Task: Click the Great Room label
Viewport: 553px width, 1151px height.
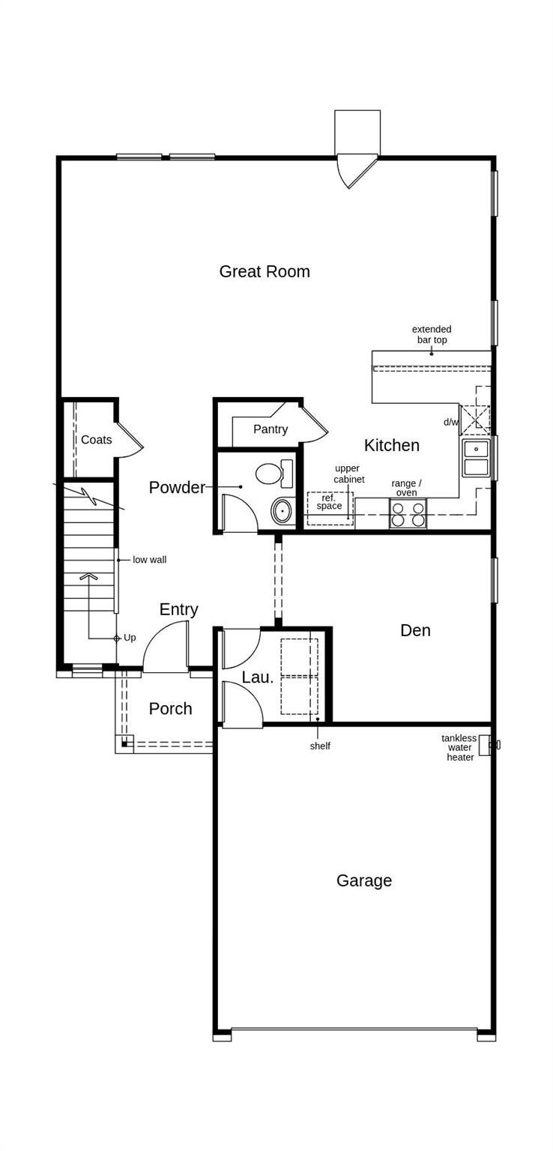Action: (265, 271)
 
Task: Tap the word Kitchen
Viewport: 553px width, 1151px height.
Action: (392, 445)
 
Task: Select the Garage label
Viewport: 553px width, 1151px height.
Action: (364, 880)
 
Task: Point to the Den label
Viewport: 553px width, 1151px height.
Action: (415, 630)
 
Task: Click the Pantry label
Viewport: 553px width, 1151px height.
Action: (271, 429)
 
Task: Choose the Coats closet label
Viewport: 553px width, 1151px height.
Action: (97, 440)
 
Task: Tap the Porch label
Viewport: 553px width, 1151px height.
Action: (171, 709)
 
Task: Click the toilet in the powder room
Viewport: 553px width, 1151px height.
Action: (274, 474)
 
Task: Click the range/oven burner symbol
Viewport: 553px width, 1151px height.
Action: (408, 515)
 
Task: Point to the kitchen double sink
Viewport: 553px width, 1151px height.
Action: (476, 458)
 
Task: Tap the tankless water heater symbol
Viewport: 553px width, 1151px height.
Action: (484, 745)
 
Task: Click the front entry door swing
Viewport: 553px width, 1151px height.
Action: (166, 646)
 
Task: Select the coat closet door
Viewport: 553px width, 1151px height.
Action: (130, 439)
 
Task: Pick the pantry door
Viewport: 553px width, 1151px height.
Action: (314, 424)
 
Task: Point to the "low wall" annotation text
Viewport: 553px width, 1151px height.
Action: (150, 560)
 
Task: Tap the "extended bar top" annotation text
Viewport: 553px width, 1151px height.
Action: (432, 334)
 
